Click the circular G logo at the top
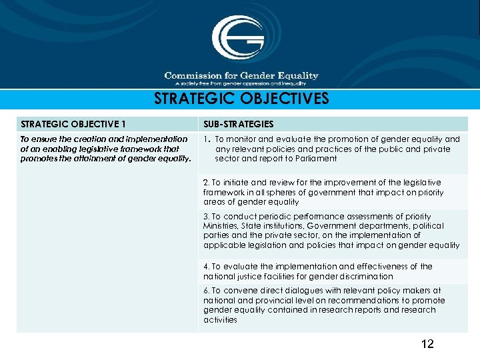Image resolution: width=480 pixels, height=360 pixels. (238, 39)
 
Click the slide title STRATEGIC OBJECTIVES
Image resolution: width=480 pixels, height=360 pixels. (241, 99)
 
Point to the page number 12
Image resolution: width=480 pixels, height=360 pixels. (427, 344)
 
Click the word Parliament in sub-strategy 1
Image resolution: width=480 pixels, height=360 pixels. (318, 159)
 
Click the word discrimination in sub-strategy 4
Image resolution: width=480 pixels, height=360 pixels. (365, 276)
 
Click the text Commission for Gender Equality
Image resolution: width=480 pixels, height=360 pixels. (241, 76)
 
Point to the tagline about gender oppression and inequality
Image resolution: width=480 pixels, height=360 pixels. (241, 84)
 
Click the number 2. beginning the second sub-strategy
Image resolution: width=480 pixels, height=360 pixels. (207, 183)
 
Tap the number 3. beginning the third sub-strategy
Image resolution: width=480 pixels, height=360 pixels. (207, 217)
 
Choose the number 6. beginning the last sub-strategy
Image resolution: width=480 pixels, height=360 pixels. (207, 291)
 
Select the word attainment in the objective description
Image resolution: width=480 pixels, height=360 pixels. (121, 159)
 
